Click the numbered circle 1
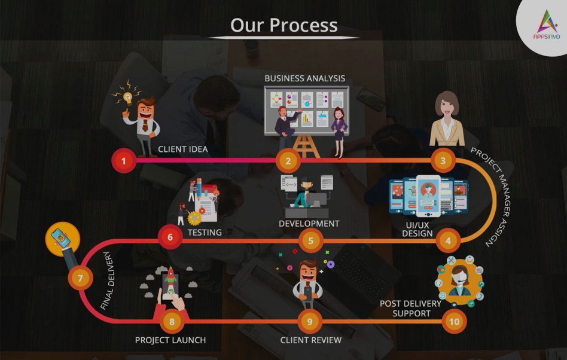tap(124, 160)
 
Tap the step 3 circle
tap(443, 160)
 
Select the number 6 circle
tap(170, 237)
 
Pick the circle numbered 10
tap(454, 321)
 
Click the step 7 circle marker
tap(80, 278)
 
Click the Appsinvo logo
tap(547, 25)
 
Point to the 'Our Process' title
tap(284, 25)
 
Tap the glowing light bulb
tap(127, 97)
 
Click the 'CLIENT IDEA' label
tap(183, 150)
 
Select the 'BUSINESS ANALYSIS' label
tap(305, 78)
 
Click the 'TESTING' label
tap(205, 233)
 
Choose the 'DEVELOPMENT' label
tap(309, 224)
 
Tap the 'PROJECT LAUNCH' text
tap(170, 340)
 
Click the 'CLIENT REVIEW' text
tap(311, 340)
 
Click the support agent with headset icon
tap(459, 281)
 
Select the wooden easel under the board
tap(306, 147)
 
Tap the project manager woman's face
tap(447, 106)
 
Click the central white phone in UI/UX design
tap(428, 196)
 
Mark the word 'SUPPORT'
tap(411, 313)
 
